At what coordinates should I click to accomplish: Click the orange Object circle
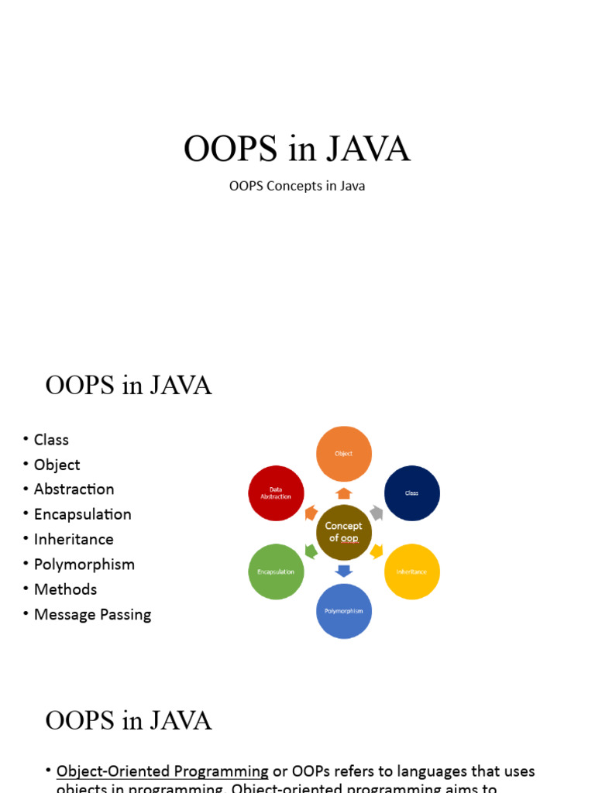(x=344, y=454)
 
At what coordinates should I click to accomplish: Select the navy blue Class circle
(x=412, y=493)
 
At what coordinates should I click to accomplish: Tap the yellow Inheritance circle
(x=412, y=572)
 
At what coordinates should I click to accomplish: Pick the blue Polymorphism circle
(x=344, y=611)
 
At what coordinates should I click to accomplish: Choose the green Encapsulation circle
(x=276, y=572)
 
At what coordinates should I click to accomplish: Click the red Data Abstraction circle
(x=276, y=493)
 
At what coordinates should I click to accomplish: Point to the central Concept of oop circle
(x=344, y=532)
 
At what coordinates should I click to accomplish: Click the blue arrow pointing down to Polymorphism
(x=344, y=572)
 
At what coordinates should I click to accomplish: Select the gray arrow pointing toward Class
(x=377, y=513)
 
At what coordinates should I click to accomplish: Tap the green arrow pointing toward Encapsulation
(x=311, y=551)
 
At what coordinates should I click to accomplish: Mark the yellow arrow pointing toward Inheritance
(x=377, y=551)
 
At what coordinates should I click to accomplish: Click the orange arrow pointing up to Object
(x=344, y=493)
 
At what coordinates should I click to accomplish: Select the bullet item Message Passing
(x=92, y=615)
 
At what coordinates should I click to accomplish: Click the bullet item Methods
(x=66, y=589)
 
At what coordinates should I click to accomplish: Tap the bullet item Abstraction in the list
(x=74, y=489)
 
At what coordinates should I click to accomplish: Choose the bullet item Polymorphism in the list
(x=84, y=565)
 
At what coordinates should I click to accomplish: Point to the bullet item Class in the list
(x=51, y=440)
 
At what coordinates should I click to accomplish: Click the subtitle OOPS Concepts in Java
(x=297, y=186)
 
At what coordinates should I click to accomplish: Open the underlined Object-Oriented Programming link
(x=163, y=771)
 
